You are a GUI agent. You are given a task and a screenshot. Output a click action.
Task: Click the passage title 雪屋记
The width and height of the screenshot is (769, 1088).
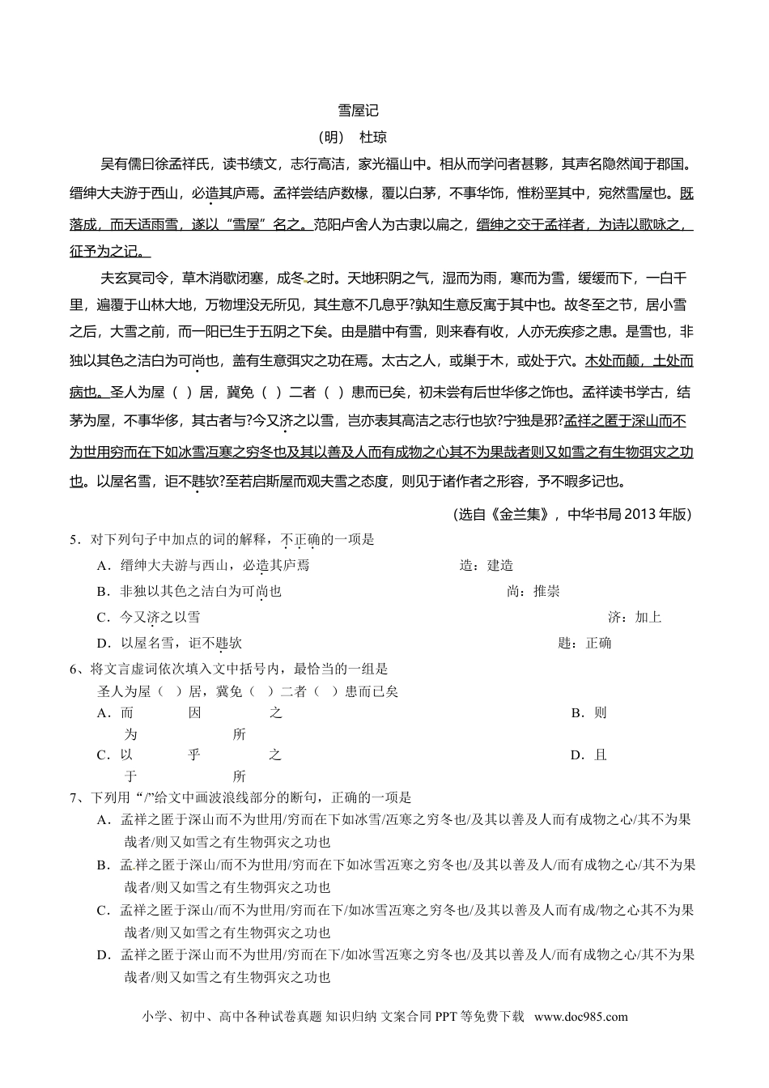(x=358, y=111)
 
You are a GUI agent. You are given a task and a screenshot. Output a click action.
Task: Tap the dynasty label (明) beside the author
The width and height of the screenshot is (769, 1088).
(x=329, y=137)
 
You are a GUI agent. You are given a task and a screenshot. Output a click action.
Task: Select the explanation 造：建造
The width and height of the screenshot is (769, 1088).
(x=486, y=566)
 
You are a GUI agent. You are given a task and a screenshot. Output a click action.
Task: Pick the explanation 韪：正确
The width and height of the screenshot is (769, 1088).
(x=584, y=644)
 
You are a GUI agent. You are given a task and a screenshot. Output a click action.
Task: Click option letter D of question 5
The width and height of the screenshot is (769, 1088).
(x=103, y=644)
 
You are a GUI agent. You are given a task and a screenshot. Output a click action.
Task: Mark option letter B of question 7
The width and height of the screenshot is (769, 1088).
(x=103, y=865)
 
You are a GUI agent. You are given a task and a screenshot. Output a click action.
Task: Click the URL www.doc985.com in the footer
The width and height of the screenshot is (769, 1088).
(x=581, y=1018)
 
